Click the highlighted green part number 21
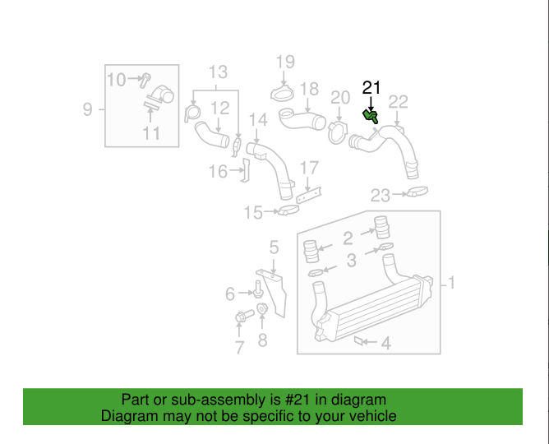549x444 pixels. pyautogui.click(x=370, y=116)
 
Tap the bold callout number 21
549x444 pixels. pyautogui.click(x=371, y=87)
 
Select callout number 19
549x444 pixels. pyautogui.click(x=285, y=62)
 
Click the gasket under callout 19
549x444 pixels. pyautogui.click(x=282, y=94)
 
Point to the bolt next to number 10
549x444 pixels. pyautogui.click(x=145, y=81)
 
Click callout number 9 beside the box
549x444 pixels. pyautogui.click(x=88, y=109)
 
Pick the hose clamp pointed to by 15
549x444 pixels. pyautogui.click(x=288, y=210)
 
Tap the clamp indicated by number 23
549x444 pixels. pyautogui.click(x=417, y=192)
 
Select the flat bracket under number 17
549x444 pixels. pyautogui.click(x=309, y=195)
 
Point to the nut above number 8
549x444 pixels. pyautogui.click(x=262, y=308)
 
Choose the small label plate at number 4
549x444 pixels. pyautogui.click(x=359, y=340)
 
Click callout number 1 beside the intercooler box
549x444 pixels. pyautogui.click(x=452, y=283)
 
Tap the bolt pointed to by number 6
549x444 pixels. pyautogui.click(x=258, y=289)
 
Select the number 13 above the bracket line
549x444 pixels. pyautogui.click(x=218, y=72)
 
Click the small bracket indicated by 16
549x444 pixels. pyautogui.click(x=246, y=170)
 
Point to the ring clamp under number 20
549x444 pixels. pyautogui.click(x=338, y=132)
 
